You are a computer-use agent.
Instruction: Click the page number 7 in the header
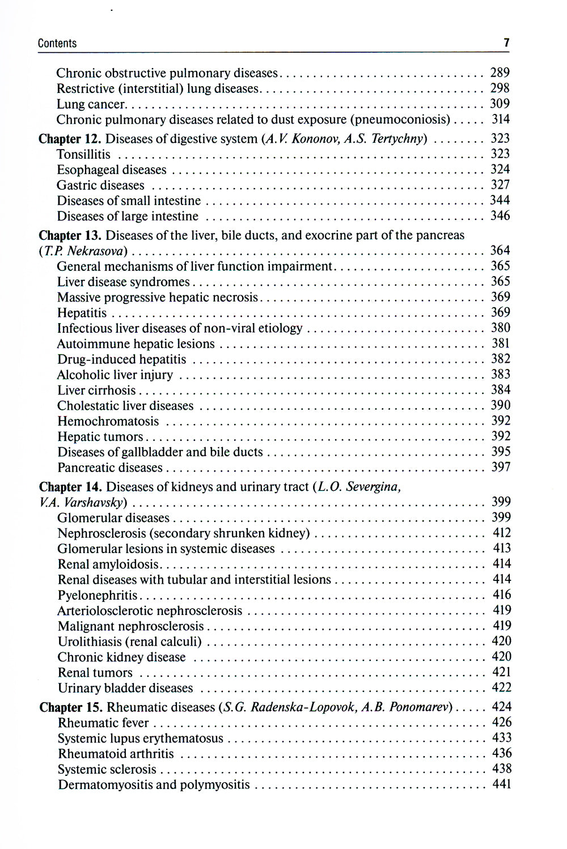506,43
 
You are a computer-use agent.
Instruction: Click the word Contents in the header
57,44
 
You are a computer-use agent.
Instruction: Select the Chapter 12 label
70,139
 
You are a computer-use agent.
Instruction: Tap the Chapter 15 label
71,707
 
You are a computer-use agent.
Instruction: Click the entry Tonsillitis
83,154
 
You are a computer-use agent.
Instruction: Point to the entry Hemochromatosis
108,421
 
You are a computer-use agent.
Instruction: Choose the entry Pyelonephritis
98,595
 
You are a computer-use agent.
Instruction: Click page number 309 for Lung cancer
500,104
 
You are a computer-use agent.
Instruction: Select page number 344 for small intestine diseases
500,200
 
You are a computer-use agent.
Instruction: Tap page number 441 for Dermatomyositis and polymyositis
501,784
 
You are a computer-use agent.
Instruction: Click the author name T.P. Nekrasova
83,251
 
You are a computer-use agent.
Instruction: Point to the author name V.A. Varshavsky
83,502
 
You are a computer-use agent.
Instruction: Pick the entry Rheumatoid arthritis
116,754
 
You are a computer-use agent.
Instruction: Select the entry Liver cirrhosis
96,390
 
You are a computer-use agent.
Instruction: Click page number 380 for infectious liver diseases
500,328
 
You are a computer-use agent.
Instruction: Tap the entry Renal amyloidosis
108,564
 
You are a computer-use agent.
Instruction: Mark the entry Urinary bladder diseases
125,688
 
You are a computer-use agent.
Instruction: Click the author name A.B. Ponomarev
420,707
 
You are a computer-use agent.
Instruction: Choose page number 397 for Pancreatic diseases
501,467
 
